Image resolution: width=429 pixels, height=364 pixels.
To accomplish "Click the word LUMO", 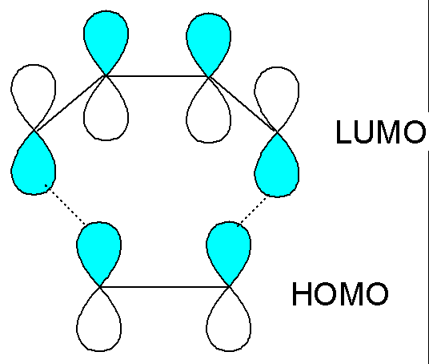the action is (x=381, y=131).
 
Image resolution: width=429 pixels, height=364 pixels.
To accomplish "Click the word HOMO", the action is (x=340, y=293).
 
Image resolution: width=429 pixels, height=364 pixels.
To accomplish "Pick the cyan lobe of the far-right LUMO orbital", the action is (x=277, y=168).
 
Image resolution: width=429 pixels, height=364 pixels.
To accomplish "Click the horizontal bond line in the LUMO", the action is (x=157, y=76).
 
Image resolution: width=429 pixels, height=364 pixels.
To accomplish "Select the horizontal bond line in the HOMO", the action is (x=164, y=287).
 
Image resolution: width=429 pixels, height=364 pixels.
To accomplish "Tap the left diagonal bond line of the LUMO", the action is (x=70, y=103).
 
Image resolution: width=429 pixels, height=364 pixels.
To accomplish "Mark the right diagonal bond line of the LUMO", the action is (x=243, y=104).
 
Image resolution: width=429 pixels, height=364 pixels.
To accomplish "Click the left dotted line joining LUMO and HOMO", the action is (x=65, y=204).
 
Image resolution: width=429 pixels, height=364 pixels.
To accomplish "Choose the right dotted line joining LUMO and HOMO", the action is (x=252, y=212).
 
